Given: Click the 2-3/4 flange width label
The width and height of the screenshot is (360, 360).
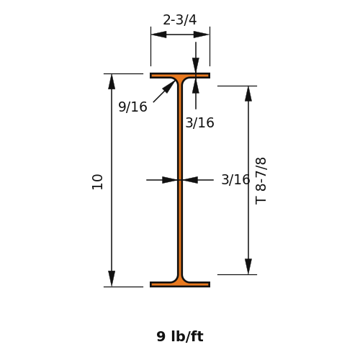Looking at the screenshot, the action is pos(180,20).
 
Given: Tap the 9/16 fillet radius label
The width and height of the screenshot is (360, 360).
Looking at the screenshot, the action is pos(132,107).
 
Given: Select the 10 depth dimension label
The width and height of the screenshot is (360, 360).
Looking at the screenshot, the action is pos(97,182).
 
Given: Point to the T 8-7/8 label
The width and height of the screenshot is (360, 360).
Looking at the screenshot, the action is pos(261,181).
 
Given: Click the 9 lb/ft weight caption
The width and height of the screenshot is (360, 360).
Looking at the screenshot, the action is pos(180,336).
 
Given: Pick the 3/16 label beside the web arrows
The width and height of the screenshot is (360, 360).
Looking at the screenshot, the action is pos(235,179).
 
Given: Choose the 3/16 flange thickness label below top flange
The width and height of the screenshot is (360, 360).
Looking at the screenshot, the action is pos(199,122).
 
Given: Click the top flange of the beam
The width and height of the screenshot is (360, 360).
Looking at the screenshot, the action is pos(180,76).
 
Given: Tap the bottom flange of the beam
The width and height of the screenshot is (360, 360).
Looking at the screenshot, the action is pos(180,284).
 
